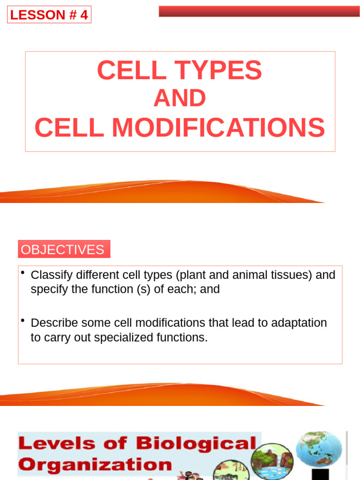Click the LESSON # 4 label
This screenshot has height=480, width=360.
click(x=49, y=15)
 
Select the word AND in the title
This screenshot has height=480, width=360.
click(x=180, y=98)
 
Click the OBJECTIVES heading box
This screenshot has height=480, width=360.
click(x=64, y=249)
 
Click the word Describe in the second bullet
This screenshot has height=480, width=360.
click(x=53, y=323)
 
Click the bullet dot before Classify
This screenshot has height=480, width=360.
click(x=22, y=273)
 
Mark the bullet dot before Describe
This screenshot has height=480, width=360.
click(x=22, y=321)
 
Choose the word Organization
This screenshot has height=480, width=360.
click(x=96, y=465)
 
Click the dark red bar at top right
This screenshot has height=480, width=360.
click(x=259, y=11)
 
